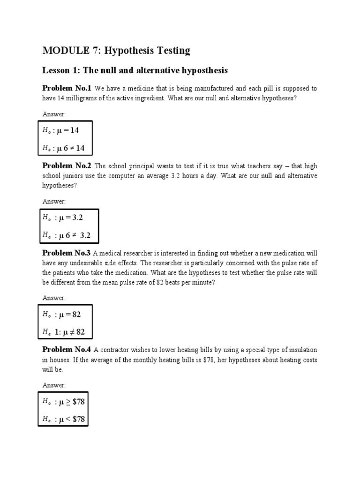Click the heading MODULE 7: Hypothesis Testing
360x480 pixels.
pyautogui.click(x=116, y=50)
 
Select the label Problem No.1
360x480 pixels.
pyautogui.click(x=67, y=88)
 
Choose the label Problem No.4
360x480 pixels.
pyautogui.click(x=67, y=350)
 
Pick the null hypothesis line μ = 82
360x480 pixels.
pyautogui.click(x=65, y=315)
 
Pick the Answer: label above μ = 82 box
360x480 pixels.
pyautogui.click(x=54, y=298)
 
